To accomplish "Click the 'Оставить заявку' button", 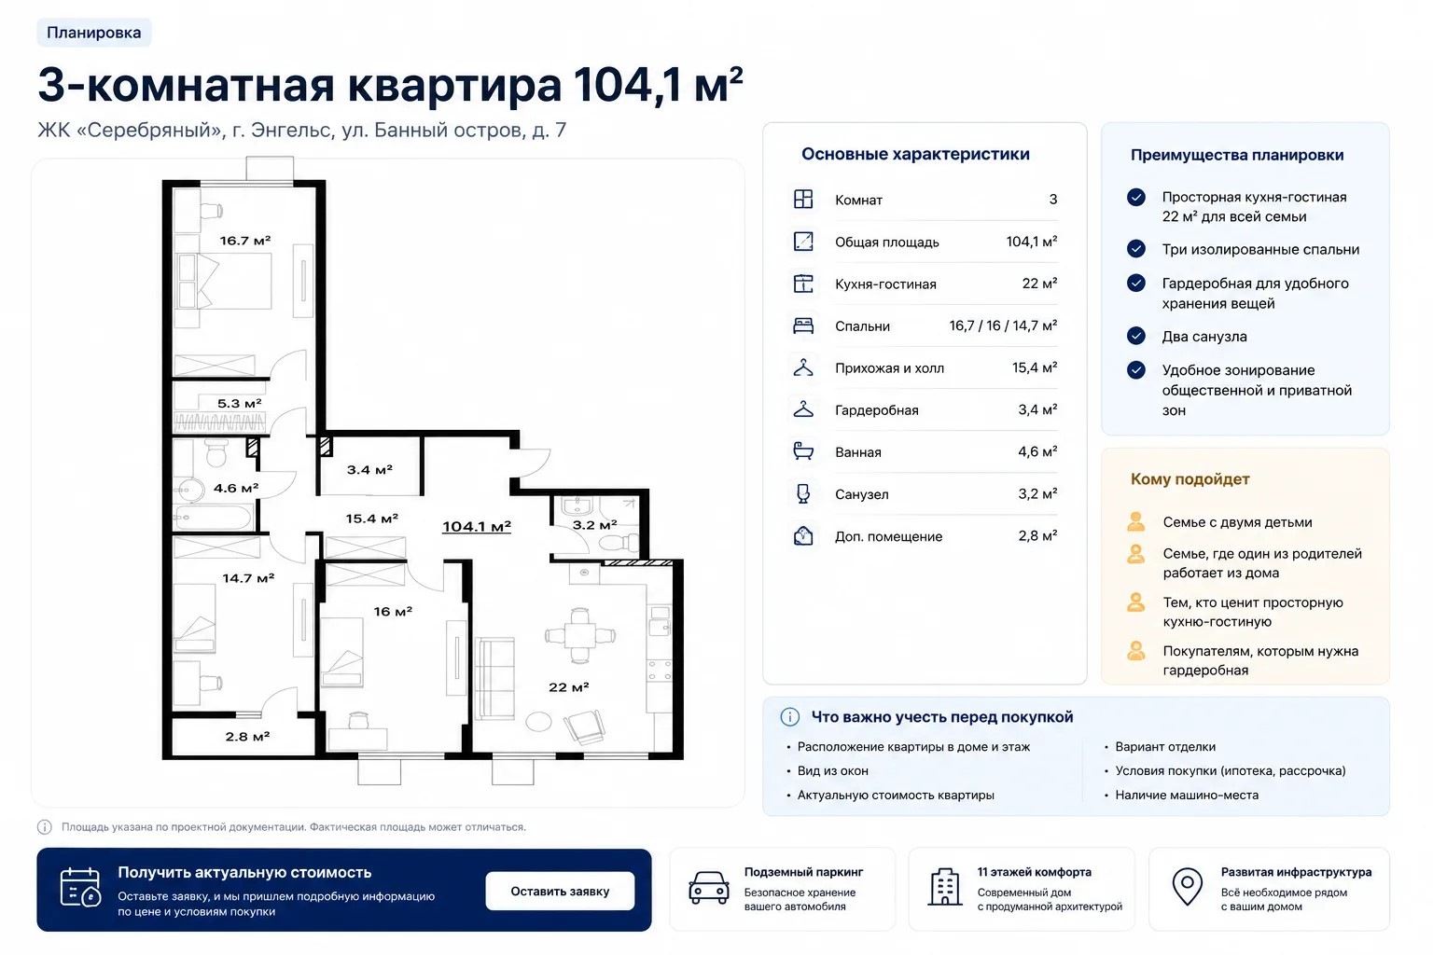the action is [x=560, y=891].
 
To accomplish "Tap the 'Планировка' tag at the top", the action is [x=94, y=33].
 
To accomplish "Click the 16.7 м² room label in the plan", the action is [x=245, y=241].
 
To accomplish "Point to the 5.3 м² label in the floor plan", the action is [x=239, y=404].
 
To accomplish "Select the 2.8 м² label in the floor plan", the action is [x=247, y=737].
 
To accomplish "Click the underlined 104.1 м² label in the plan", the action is [x=477, y=526].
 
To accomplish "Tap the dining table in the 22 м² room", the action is [x=580, y=636].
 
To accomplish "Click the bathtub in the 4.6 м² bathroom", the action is [x=213, y=517].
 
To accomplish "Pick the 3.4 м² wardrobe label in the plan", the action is [x=369, y=470].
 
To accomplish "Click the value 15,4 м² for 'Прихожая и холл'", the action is [x=1035, y=367].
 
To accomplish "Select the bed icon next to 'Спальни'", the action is [x=803, y=325].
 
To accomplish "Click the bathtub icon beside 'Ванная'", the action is [x=803, y=451].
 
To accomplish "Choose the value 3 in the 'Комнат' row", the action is [x=1053, y=200].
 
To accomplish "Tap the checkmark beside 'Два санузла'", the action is [x=1136, y=336].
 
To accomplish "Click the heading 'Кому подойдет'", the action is [x=1190, y=479].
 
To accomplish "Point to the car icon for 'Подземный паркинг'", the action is [x=709, y=888].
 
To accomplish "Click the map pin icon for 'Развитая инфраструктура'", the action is [x=1188, y=887].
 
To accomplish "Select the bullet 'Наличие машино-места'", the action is [x=1187, y=796].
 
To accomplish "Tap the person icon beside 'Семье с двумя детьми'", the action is [x=1136, y=522].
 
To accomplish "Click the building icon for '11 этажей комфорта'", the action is [x=945, y=887].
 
